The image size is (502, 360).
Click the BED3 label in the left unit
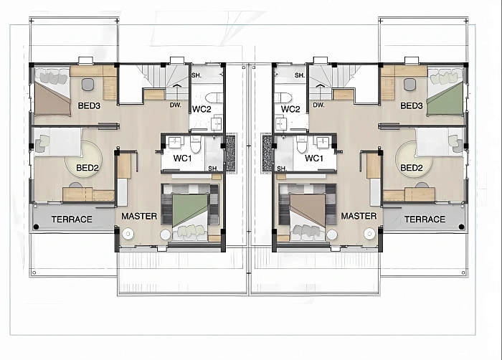pyautogui.click(x=89, y=105)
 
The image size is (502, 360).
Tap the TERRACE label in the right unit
pyautogui.click(x=425, y=219)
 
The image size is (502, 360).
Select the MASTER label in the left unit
pyautogui.click(x=139, y=216)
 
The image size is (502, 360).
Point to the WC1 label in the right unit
pyautogui.click(x=314, y=158)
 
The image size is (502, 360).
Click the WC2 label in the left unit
pyautogui.click(x=202, y=109)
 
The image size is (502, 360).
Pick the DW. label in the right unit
pyautogui.click(x=318, y=105)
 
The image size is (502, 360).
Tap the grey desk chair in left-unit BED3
pyautogui.click(x=87, y=84)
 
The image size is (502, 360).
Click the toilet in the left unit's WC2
pyautogui.click(x=213, y=98)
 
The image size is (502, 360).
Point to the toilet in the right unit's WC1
pyautogui.click(x=301, y=144)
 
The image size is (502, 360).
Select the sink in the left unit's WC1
pyautogui.click(x=175, y=142)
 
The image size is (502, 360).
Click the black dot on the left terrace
pyautogui.click(x=36, y=227)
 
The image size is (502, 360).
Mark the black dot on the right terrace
pyautogui.click(x=461, y=227)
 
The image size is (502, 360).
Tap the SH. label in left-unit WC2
pyautogui.click(x=196, y=75)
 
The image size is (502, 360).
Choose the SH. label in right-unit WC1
pyautogui.click(x=282, y=169)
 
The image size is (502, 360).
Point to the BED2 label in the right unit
pyautogui.click(x=412, y=168)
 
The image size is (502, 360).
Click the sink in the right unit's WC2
pyautogui.click(x=281, y=124)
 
